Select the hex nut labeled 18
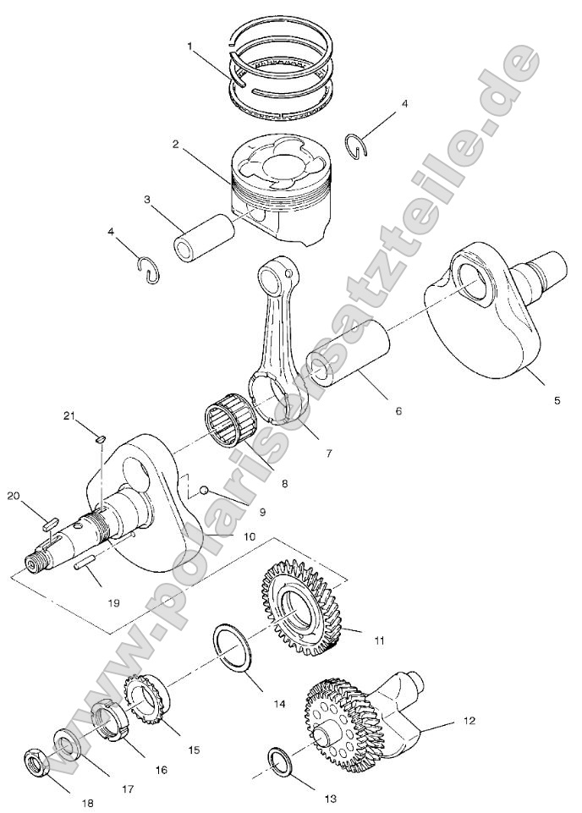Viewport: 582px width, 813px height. point(41,765)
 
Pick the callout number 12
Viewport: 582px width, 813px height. point(469,721)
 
